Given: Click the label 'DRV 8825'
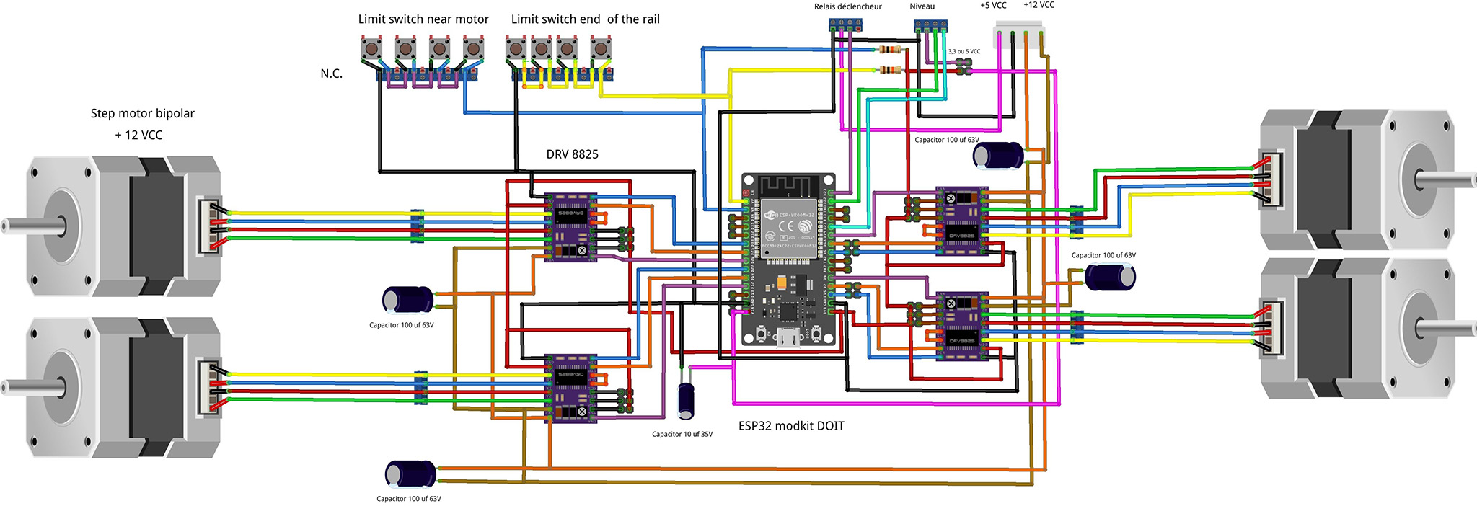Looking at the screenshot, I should click(x=572, y=154).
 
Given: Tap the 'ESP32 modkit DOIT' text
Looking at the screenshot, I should click(x=791, y=426).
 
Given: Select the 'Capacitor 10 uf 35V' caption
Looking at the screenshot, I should click(x=682, y=434).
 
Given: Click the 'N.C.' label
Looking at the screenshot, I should click(x=332, y=74).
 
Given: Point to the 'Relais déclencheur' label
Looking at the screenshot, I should click(x=847, y=7).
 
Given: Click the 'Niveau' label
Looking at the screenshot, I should click(x=922, y=7).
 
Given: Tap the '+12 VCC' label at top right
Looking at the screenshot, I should click(x=1039, y=6).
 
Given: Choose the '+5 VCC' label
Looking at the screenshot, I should click(x=993, y=6).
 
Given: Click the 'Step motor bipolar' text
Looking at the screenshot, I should click(x=143, y=113).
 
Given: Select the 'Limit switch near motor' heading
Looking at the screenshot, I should click(x=423, y=19).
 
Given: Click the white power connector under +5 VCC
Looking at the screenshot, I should click(x=1019, y=35).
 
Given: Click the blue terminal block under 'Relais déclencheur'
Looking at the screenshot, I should click(x=845, y=25).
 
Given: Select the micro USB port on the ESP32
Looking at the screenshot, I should click(x=788, y=337).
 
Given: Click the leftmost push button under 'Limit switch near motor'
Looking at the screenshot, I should click(x=371, y=49).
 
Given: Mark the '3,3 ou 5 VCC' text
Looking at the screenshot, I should click(x=964, y=52).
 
